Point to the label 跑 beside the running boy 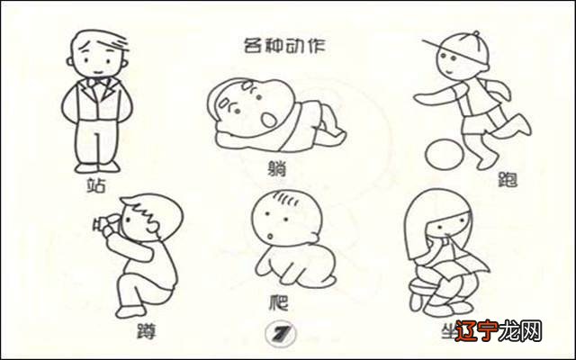click(509, 180)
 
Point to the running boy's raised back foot click(521, 126)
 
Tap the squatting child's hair click(149, 210)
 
